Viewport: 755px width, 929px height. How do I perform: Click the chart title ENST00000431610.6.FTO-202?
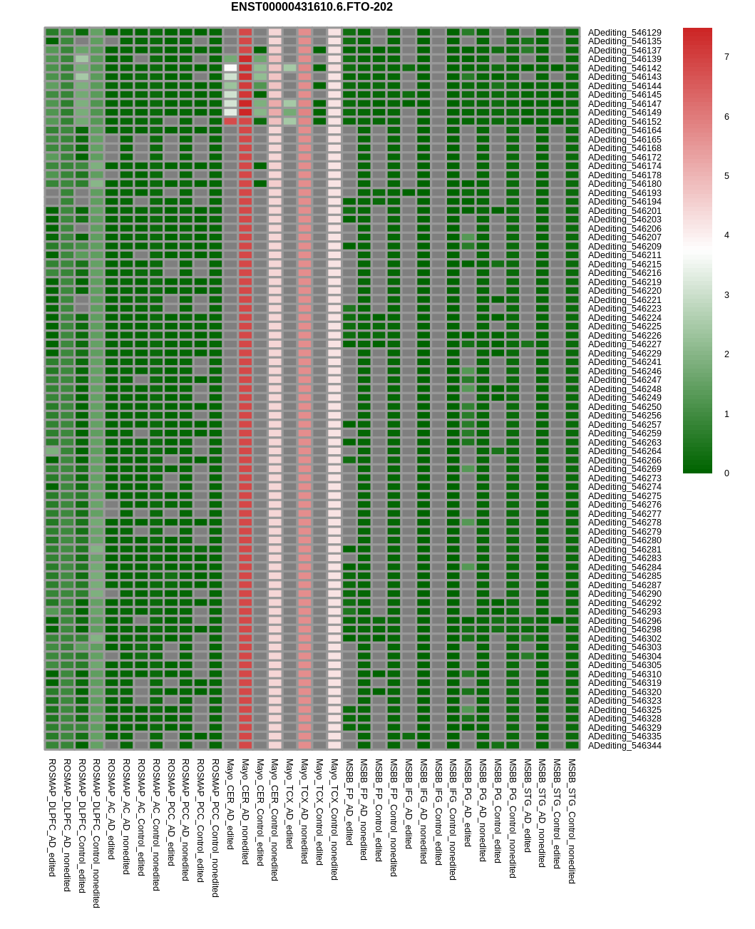coord(312,7)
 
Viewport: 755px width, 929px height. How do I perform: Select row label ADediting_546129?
coord(625,33)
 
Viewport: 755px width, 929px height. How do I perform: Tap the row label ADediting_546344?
coord(625,746)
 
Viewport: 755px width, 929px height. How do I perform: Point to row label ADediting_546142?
coord(625,68)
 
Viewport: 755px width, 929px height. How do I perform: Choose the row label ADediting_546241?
coord(625,362)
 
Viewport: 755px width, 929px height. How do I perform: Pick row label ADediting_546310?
coord(625,674)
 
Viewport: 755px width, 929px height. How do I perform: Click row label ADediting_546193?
coord(625,193)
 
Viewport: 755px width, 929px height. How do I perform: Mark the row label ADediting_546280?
coord(625,540)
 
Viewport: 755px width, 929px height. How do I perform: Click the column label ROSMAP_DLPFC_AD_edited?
coord(52,817)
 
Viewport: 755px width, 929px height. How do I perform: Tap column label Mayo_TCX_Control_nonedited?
coord(334,819)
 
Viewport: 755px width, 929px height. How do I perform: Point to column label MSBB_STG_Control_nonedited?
coord(572,821)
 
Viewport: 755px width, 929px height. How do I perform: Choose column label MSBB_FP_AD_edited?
coord(349,802)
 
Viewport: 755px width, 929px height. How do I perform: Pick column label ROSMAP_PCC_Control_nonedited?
coord(215,828)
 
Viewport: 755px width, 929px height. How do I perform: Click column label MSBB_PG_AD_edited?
coord(468,802)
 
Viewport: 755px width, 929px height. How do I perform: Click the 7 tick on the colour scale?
coord(726,57)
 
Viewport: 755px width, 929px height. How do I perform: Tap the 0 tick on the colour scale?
coord(726,473)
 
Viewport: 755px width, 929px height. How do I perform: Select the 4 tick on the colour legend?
coord(726,235)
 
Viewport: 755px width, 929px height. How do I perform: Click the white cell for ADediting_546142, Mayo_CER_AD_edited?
coord(230,68)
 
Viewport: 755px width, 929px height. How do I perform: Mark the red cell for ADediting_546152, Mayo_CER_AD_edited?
coord(230,122)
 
